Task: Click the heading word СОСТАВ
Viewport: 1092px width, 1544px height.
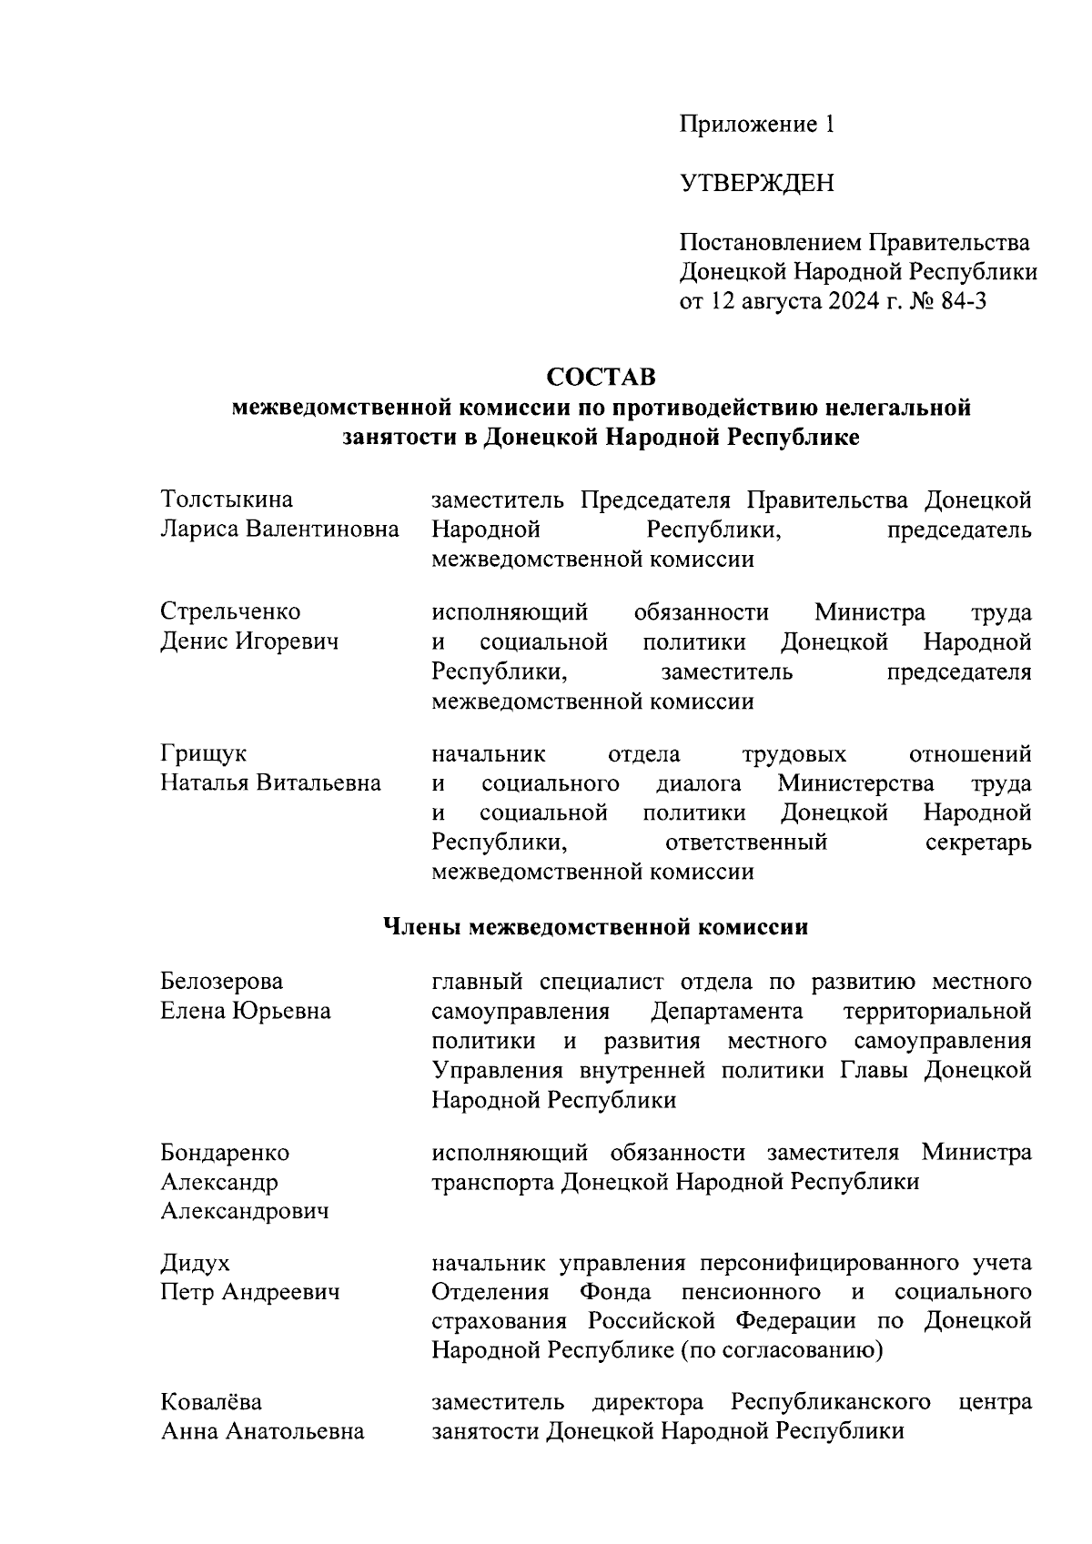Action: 601,376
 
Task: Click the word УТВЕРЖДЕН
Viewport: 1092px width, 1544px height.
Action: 757,184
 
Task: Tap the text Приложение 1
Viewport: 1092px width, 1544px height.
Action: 757,125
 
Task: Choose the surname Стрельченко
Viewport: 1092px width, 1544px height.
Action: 230,611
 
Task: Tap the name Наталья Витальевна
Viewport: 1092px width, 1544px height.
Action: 270,782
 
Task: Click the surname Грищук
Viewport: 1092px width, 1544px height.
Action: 203,753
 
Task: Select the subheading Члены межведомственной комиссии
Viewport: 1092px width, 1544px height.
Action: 593,928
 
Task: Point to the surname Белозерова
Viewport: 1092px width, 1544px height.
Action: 221,981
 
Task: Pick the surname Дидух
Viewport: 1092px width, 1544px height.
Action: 195,1263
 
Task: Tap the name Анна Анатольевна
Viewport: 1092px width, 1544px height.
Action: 262,1431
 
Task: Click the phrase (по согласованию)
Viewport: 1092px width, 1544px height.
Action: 781,1350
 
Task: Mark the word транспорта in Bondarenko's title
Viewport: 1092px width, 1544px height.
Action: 491,1182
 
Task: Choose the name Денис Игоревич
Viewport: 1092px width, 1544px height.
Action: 249,641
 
